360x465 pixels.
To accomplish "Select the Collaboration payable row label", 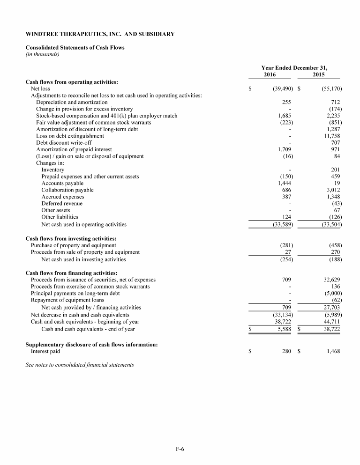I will coord(67,190).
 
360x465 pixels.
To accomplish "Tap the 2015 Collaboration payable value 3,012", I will coord(332,190).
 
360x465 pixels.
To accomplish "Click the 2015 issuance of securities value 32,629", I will coord(331,280).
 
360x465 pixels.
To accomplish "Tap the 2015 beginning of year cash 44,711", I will coord(331,322).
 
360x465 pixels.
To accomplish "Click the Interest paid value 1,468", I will coord(332,351).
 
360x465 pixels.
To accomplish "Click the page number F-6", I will coord(180,450).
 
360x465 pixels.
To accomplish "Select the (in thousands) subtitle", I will coord(42,54).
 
